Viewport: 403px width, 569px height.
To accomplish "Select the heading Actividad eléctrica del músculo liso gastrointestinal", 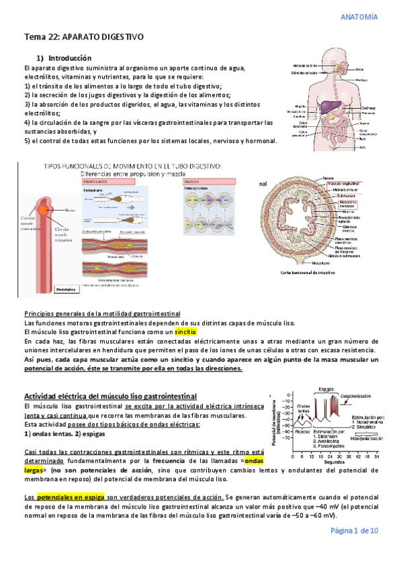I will [110, 396].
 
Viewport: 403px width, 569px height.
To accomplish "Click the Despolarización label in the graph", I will [360, 395].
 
